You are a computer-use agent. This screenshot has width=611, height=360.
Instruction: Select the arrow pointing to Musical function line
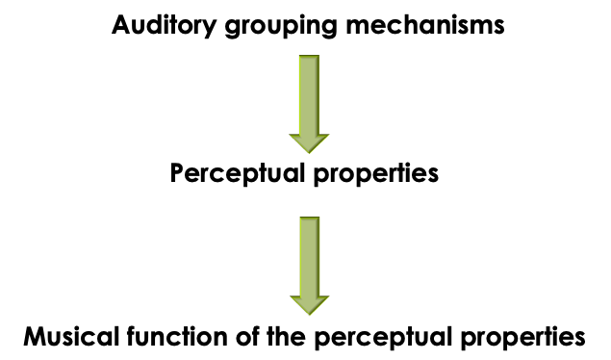tap(308, 260)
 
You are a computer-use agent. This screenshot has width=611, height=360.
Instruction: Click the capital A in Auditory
tap(120, 25)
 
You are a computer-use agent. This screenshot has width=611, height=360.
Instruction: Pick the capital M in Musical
tap(36, 338)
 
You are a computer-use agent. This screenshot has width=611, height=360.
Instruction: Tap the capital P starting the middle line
tap(178, 174)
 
